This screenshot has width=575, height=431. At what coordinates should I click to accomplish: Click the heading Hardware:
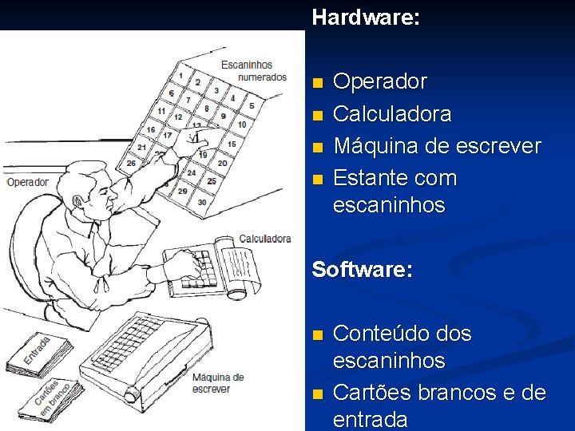(x=365, y=17)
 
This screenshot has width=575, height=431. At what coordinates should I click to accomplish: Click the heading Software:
(x=362, y=269)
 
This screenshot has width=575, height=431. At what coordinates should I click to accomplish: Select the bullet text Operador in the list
(x=380, y=82)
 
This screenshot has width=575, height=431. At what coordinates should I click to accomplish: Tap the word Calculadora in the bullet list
(x=392, y=114)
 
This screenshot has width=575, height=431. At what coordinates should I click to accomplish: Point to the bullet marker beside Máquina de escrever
(x=319, y=148)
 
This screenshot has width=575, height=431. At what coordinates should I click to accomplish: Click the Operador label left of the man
(x=28, y=182)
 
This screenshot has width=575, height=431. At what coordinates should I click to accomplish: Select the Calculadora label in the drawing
(x=265, y=239)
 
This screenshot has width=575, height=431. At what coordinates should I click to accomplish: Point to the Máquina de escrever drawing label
(x=216, y=382)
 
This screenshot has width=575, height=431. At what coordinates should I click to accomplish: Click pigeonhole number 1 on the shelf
(x=181, y=77)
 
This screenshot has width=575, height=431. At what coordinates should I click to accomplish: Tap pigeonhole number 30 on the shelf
(x=201, y=202)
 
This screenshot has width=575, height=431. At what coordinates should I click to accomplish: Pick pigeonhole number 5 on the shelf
(x=251, y=105)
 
